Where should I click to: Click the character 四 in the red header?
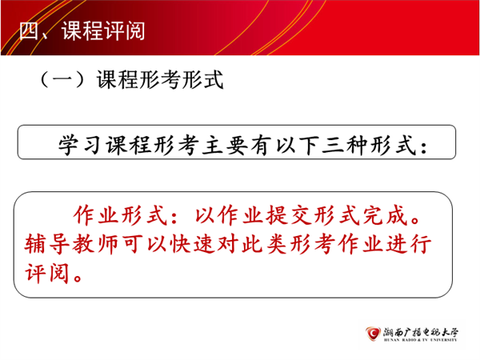(x=29, y=31)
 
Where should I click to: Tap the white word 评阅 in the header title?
(x=124, y=31)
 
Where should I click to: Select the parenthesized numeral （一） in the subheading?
(x=62, y=79)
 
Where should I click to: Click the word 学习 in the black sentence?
(x=79, y=145)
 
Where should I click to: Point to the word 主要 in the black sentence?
(x=225, y=145)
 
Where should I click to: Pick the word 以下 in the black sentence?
(x=298, y=145)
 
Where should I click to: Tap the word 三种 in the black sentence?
(x=346, y=145)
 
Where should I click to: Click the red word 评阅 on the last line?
(x=46, y=273)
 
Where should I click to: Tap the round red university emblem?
(x=373, y=334)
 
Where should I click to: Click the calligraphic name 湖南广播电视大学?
(x=421, y=332)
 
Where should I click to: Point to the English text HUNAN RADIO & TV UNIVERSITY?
(x=420, y=340)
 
